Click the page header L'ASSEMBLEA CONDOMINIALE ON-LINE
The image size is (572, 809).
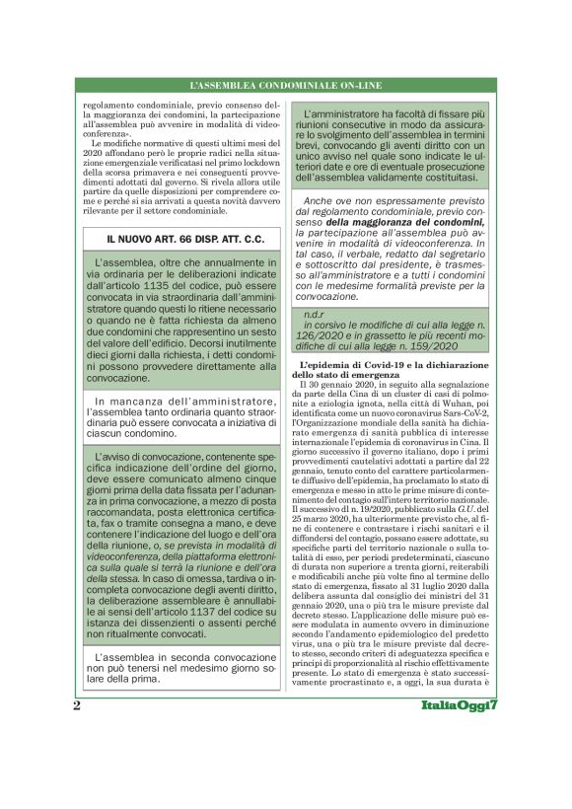pos(286,87)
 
